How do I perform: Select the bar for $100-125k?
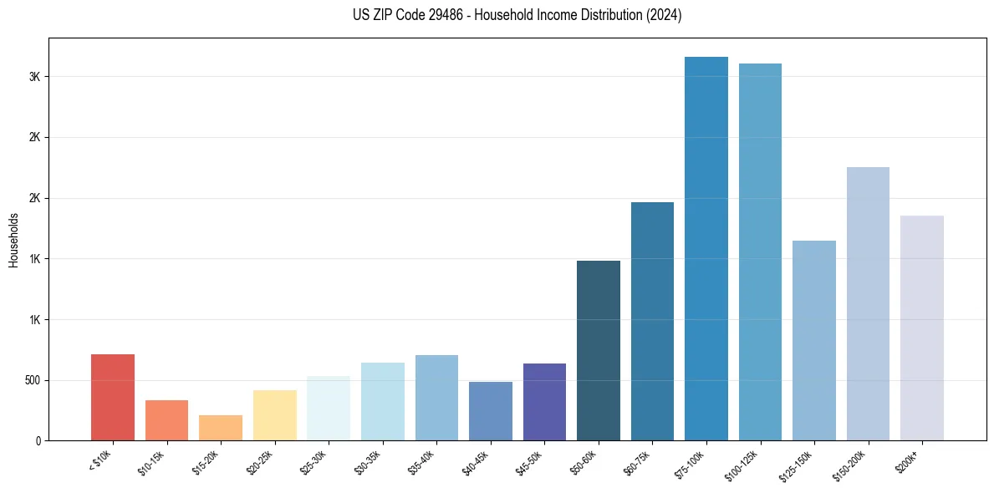[760, 252]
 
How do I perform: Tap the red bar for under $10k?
[113, 397]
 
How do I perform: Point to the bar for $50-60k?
[599, 350]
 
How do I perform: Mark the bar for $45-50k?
[544, 402]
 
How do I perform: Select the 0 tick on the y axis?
[38, 440]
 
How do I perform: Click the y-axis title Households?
[14, 240]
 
